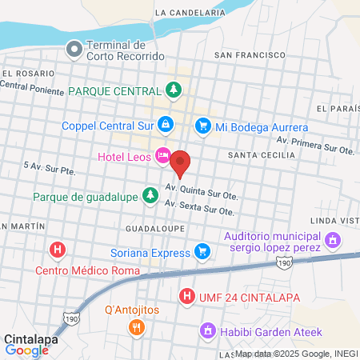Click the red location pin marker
(181, 162)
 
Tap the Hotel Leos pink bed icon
(163, 156)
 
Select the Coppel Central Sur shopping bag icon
(165, 124)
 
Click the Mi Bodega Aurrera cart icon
(203, 126)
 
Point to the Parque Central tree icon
(173, 90)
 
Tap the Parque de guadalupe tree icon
(150, 195)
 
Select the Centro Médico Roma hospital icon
(57, 251)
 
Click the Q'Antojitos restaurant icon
(137, 326)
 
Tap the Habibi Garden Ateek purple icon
(206, 330)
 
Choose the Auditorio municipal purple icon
(333, 239)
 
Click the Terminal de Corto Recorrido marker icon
(74, 50)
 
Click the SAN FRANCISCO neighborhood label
(250, 54)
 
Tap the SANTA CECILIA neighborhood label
(259, 154)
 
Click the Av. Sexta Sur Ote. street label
(199, 208)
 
